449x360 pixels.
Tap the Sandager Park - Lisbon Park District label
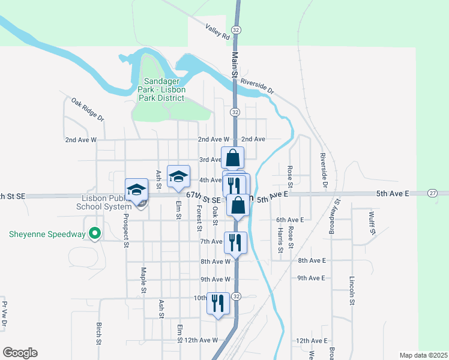[161, 89]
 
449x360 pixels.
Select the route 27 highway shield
[432, 193]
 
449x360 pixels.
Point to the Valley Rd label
[217, 32]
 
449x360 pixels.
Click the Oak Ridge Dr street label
[88, 110]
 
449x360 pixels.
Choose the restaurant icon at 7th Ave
[235, 242]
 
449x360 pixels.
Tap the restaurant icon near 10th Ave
[217, 302]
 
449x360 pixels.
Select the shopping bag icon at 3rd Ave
[233, 159]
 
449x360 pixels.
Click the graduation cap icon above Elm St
[178, 176]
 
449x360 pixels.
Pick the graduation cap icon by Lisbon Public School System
[136, 190]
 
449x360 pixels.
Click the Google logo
[20, 353]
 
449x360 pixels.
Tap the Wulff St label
[372, 223]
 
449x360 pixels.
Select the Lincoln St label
[352, 290]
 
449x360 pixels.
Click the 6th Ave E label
[290, 220]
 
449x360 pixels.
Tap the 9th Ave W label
[215, 279]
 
